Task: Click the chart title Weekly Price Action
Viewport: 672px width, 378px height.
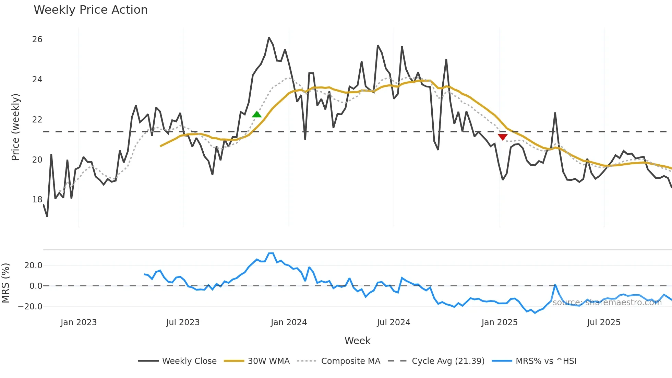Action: click(x=91, y=10)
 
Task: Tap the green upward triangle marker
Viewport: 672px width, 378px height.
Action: click(x=257, y=115)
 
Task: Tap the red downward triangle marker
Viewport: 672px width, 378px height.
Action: click(x=503, y=137)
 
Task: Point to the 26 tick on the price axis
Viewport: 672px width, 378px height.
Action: click(x=37, y=39)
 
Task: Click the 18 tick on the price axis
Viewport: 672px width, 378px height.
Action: click(x=37, y=200)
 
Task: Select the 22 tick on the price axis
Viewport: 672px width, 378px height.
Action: click(x=37, y=120)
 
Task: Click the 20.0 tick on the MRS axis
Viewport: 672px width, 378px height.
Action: click(x=33, y=265)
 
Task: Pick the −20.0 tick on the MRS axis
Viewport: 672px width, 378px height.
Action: click(x=30, y=307)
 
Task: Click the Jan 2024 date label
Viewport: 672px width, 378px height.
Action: click(x=289, y=322)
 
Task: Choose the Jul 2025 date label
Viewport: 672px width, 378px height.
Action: click(x=603, y=322)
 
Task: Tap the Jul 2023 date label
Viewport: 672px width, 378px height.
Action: click(x=183, y=322)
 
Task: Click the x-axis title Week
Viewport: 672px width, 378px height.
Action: click(x=357, y=341)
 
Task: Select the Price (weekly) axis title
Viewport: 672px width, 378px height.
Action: click(x=16, y=127)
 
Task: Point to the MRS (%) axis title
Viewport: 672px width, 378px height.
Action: click(x=5, y=283)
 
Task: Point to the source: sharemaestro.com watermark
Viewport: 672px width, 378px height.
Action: click(x=607, y=303)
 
